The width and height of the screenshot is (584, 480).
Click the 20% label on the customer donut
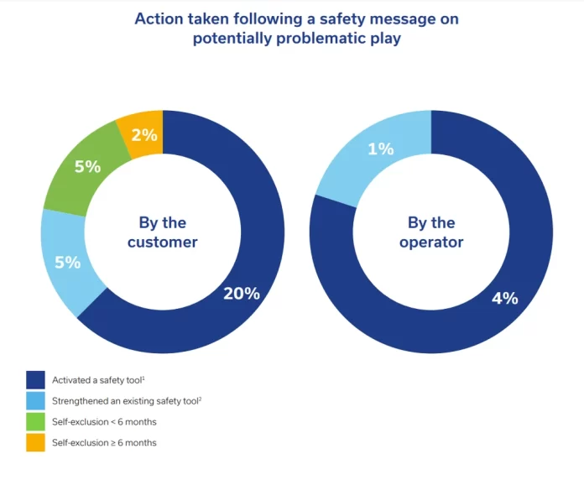click(242, 294)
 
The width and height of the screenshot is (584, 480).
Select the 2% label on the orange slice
click(145, 134)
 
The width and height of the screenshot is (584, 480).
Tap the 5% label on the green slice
click(86, 166)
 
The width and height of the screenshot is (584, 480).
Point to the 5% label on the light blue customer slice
click(67, 263)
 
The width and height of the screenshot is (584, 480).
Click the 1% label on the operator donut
click(381, 149)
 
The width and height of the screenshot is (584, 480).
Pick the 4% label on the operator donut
click(505, 297)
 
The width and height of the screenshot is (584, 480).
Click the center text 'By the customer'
click(163, 232)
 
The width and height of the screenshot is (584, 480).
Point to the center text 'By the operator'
click(431, 232)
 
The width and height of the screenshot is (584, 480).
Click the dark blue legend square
click(36, 381)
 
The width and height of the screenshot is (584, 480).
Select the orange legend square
click(36, 442)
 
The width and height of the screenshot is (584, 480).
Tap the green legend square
click(36, 421)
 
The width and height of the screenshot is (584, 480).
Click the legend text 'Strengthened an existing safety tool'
click(126, 401)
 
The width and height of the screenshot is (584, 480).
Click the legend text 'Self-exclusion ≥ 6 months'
click(104, 442)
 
